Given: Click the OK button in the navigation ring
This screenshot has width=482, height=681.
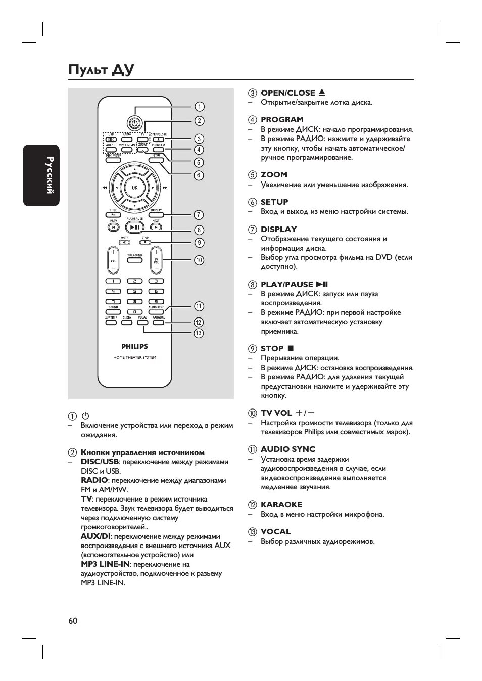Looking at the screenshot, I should click(x=134, y=188).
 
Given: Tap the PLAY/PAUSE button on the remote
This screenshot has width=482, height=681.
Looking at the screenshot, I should click(x=134, y=228).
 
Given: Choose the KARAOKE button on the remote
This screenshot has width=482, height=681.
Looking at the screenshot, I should click(x=158, y=322).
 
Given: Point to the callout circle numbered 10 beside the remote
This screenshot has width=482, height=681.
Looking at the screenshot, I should click(x=199, y=260).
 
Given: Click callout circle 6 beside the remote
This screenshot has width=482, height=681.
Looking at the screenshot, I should click(x=199, y=175).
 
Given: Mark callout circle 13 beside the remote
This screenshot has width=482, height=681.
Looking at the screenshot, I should click(x=199, y=333).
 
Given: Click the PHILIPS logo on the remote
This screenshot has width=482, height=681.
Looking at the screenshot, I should click(x=134, y=346).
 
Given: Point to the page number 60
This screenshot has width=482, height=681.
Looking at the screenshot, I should click(x=73, y=621).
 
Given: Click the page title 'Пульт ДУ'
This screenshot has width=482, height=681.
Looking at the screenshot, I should click(x=101, y=69).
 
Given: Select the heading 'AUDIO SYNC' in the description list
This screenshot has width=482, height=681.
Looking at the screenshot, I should click(x=287, y=449).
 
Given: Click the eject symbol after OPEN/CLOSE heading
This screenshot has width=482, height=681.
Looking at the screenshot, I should click(x=322, y=93).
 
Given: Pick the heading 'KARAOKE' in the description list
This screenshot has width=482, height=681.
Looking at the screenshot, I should click(x=281, y=504).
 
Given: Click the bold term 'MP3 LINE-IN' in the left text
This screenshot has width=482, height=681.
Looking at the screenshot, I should click(x=105, y=564).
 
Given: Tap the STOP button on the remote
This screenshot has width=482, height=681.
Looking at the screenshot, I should click(x=145, y=242).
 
